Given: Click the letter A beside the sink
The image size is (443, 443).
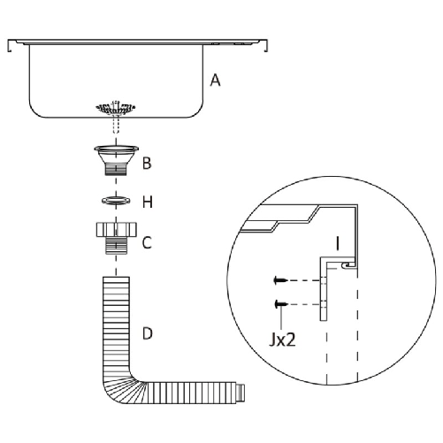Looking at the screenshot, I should coord(215,80).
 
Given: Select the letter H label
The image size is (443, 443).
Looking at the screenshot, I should coord(148,202).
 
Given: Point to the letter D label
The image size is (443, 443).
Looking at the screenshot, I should coord(148,333).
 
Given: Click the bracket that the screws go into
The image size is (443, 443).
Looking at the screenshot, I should coord(325,292).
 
